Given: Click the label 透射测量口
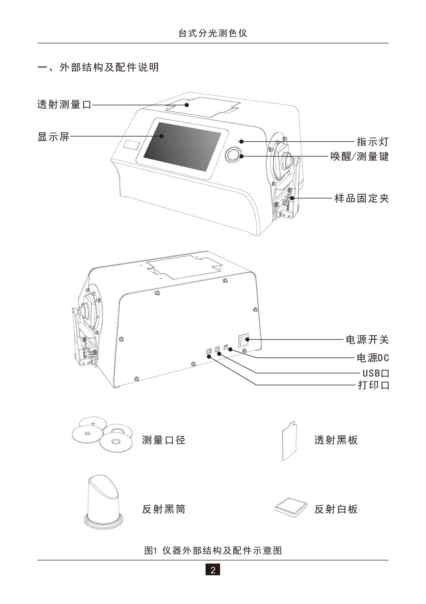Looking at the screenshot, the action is (64, 105).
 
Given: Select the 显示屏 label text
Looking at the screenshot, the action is (53, 137).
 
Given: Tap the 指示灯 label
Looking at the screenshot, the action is (373, 142).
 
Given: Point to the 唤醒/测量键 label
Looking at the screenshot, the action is (360, 157).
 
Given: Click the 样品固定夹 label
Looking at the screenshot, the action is (361, 198).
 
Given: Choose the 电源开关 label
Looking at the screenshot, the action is (367, 340).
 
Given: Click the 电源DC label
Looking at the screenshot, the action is (373, 358).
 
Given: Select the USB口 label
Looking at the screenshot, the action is (376, 373).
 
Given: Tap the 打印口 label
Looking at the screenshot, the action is (374, 385).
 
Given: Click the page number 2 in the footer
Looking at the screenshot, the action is (213, 570).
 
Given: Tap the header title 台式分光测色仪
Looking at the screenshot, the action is (213, 33).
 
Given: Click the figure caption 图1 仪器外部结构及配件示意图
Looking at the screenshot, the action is (213, 550).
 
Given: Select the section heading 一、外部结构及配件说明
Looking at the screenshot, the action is (98, 67).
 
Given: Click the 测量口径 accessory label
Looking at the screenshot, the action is (164, 440).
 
